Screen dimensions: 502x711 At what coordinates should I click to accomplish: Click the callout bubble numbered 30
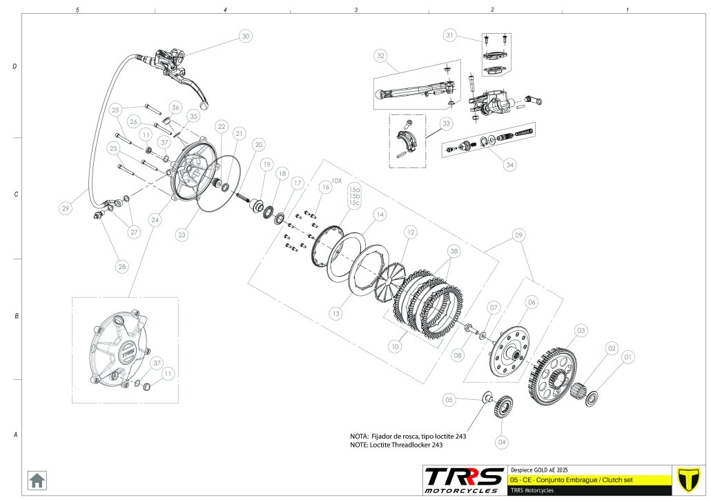pyautogui.click(x=245, y=36)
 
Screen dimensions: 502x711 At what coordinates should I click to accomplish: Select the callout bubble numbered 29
pyautogui.click(x=65, y=208)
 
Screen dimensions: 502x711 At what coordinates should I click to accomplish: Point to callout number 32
pyautogui.click(x=380, y=56)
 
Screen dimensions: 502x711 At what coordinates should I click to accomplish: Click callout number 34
pyautogui.click(x=509, y=165)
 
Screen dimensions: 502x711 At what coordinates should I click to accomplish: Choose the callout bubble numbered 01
pyautogui.click(x=627, y=357)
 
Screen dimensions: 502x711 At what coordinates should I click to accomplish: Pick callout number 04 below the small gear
pyautogui.click(x=502, y=441)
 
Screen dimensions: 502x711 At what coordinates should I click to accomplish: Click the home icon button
pyautogui.click(x=37, y=479)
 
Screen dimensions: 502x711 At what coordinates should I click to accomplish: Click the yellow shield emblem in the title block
pyautogui.click(x=685, y=479)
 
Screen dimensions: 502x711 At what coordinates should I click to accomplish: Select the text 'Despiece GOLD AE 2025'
pyautogui.click(x=538, y=468)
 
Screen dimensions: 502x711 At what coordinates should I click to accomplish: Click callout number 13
pyautogui.click(x=335, y=314)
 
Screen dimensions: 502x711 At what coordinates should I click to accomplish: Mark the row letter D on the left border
pyautogui.click(x=15, y=67)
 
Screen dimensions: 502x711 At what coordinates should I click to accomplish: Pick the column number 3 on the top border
pyautogui.click(x=355, y=10)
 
